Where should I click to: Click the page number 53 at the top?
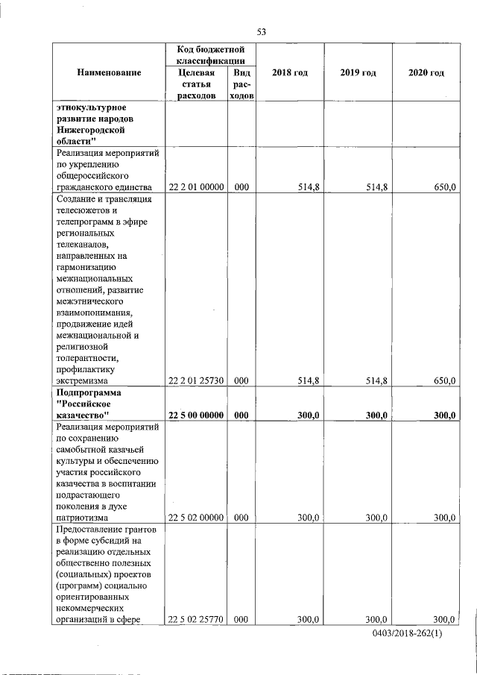(x=261, y=31)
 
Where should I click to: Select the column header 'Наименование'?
(x=108, y=72)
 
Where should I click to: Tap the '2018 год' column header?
(x=291, y=72)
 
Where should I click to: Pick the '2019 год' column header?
(x=358, y=72)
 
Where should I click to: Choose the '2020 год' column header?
(x=426, y=72)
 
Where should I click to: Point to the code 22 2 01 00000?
(x=196, y=186)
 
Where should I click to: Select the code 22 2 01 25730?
(x=196, y=380)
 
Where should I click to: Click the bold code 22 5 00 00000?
(x=196, y=415)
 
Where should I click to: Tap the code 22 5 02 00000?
(x=196, y=517)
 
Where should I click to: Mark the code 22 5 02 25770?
(x=196, y=619)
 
